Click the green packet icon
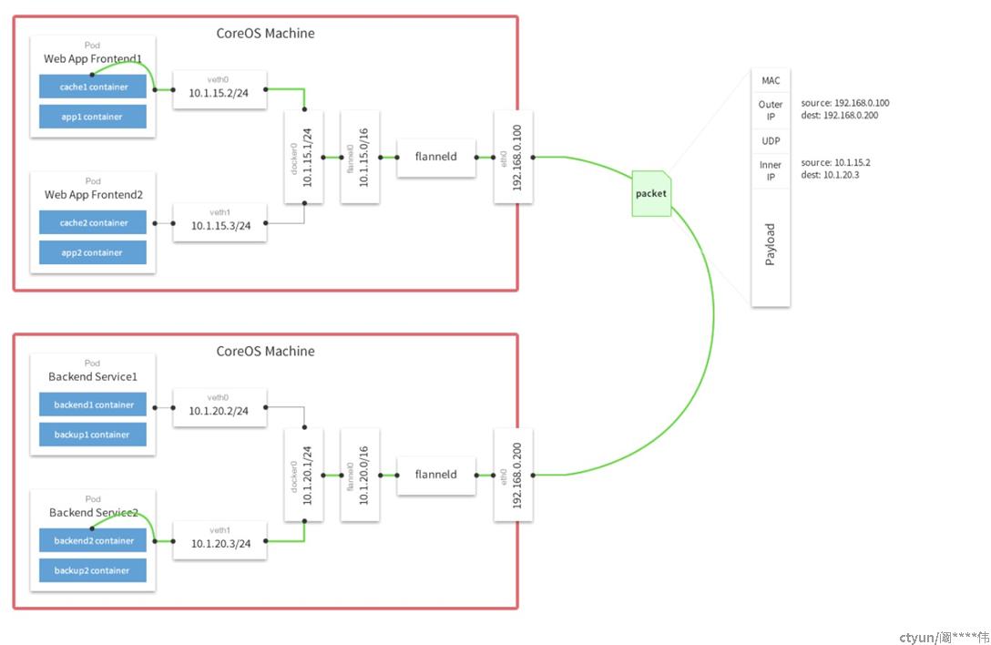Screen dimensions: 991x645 pyautogui.click(x=651, y=193)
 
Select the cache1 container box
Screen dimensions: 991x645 pyautogui.click(x=93, y=87)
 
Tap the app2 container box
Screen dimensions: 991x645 pyautogui.click(x=93, y=252)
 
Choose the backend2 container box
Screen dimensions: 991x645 pyautogui.click(x=93, y=540)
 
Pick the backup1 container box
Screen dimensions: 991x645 pyautogui.click(x=93, y=435)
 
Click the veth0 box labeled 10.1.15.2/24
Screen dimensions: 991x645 pyautogui.click(x=220, y=89)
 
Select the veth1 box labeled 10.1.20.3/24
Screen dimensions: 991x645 pyautogui.click(x=220, y=540)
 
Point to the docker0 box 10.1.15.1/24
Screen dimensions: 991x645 pyautogui.click(x=303, y=157)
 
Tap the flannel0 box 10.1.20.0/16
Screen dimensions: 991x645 pyautogui.click(x=360, y=475)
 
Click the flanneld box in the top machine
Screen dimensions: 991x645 pyautogui.click(x=436, y=158)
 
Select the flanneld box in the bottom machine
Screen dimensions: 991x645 pyautogui.click(x=436, y=476)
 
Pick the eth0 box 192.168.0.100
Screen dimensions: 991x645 pyautogui.click(x=513, y=157)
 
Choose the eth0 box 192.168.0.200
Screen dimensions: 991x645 pyautogui.click(x=513, y=475)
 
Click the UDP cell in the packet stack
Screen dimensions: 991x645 pyautogui.click(x=771, y=141)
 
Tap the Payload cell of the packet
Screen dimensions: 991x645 pyautogui.click(x=771, y=245)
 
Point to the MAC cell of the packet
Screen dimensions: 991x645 pyautogui.click(x=771, y=80)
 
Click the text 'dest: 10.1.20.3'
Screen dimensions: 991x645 pyautogui.click(x=830, y=175)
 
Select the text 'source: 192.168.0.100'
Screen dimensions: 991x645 pyautogui.click(x=845, y=102)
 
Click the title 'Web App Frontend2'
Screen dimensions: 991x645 pyautogui.click(x=94, y=195)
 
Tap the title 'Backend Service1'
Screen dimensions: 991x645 pyautogui.click(x=93, y=376)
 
